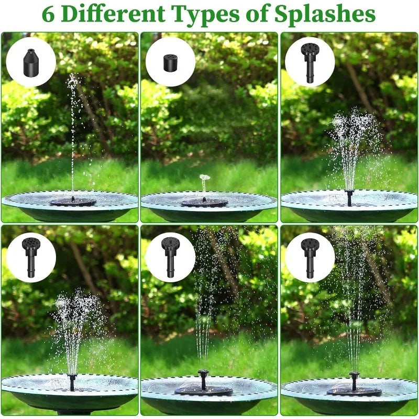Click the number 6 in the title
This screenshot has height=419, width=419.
click(x=48, y=15)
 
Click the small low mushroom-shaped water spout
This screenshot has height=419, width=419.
click(x=204, y=179)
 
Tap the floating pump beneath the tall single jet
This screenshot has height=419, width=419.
click(x=73, y=202)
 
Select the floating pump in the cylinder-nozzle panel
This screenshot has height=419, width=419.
click(x=204, y=202)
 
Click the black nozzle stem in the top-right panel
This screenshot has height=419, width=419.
click(x=349, y=197)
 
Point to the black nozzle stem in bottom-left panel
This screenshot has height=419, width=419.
click(x=72, y=382)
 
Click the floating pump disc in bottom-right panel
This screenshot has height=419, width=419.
click(x=354, y=391)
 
